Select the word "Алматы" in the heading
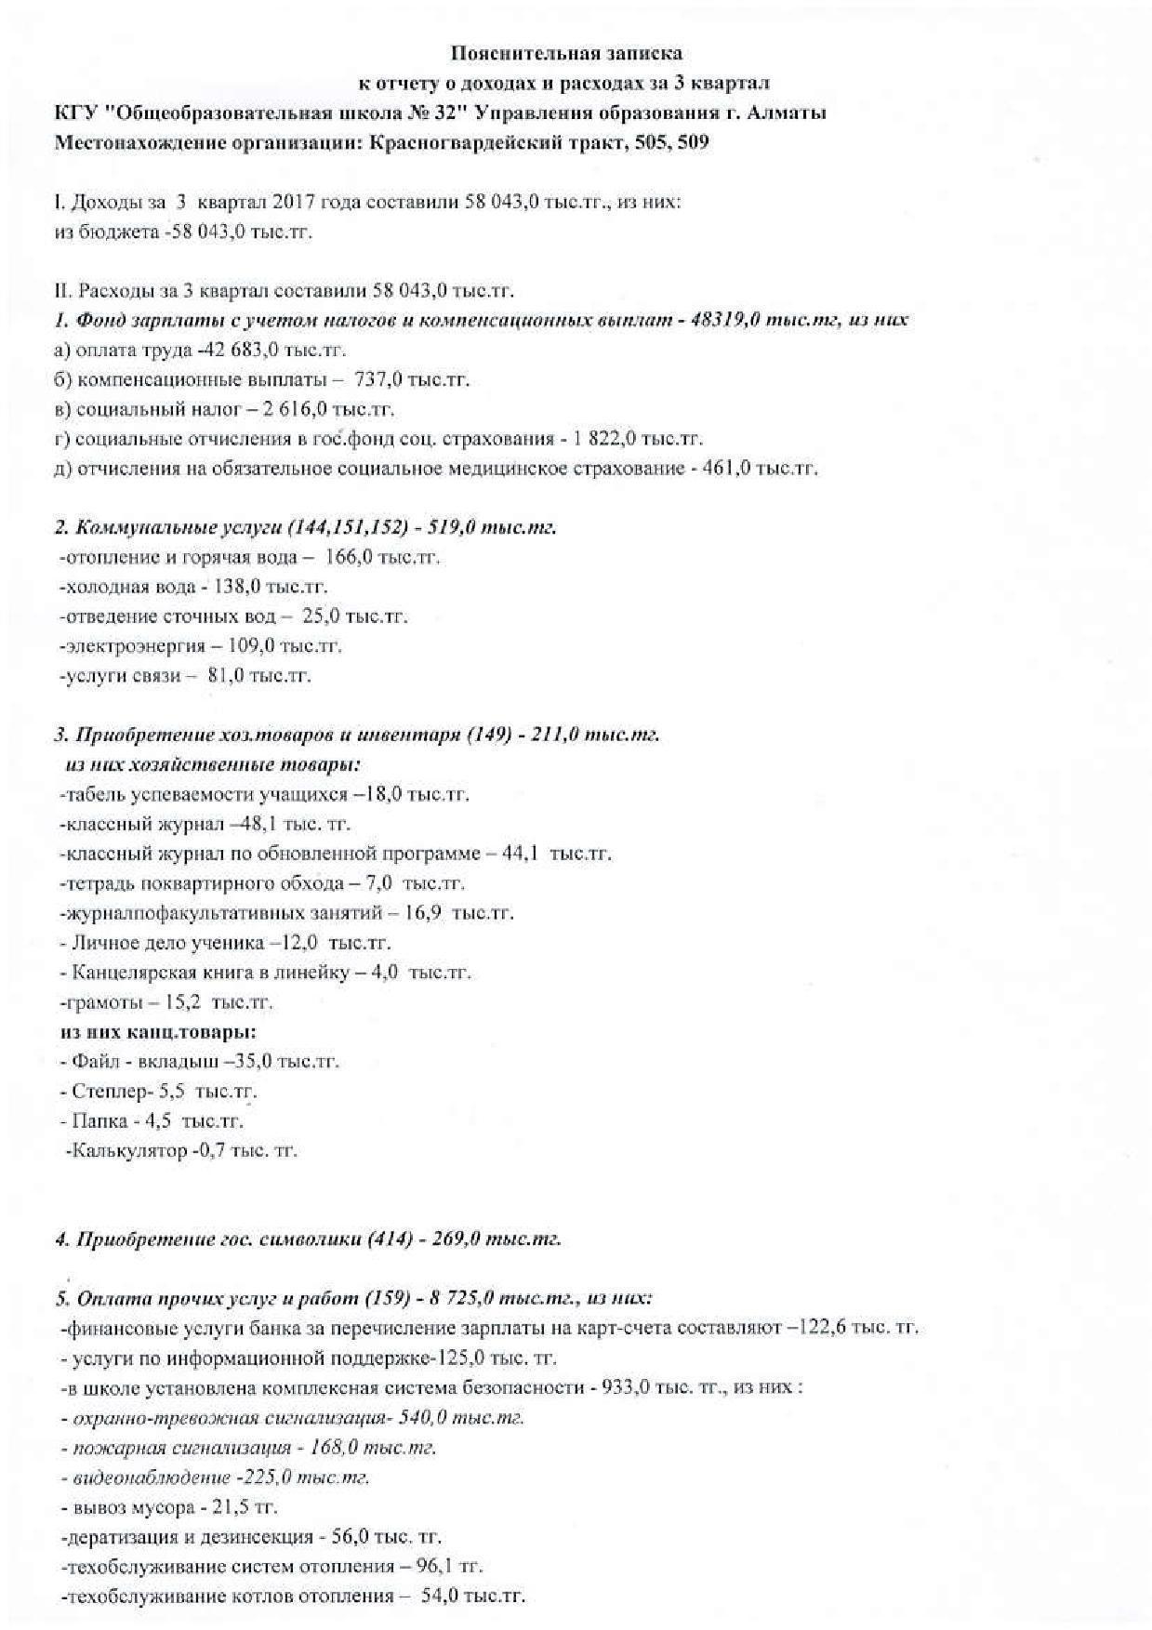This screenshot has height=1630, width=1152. click(x=789, y=113)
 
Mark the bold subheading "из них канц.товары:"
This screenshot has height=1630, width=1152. click(x=158, y=1032)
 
